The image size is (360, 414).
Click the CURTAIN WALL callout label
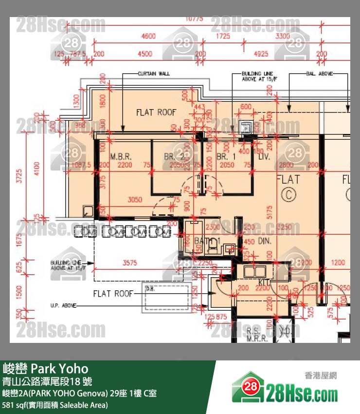(154, 74)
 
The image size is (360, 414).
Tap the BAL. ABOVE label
(319, 74)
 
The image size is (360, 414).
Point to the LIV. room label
(264, 157)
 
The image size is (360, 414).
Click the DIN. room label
(265, 241)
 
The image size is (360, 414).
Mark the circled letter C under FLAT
(288, 195)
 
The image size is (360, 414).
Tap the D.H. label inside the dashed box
(150, 289)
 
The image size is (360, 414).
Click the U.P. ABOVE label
(63, 305)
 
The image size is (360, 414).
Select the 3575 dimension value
(130, 263)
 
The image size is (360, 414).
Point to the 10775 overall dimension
(194, 19)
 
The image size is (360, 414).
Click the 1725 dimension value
(223, 37)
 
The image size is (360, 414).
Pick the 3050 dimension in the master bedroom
(135, 199)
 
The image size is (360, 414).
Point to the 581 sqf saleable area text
(55, 405)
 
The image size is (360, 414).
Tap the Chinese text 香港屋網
(321, 376)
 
